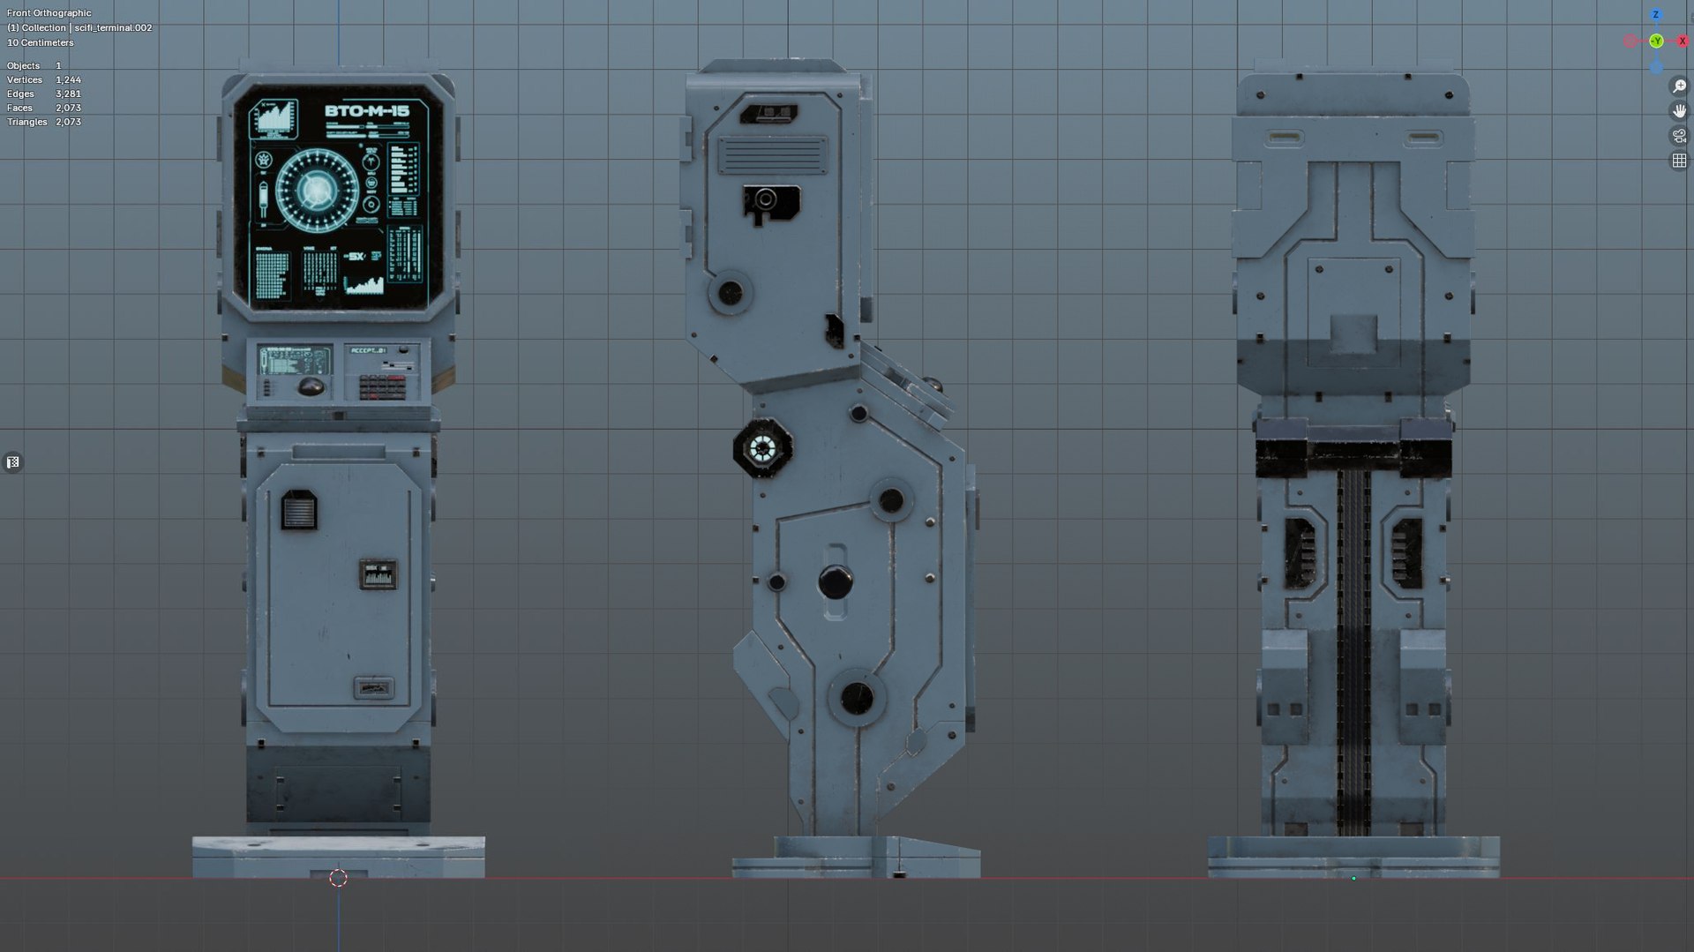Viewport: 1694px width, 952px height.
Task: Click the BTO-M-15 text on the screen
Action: tap(367, 111)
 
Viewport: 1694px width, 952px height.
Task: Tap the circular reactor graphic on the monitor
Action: tap(316, 189)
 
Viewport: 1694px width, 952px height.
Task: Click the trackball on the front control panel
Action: tap(310, 386)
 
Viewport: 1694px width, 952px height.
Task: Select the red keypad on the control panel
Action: tap(383, 387)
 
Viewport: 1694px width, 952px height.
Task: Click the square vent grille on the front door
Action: tap(298, 511)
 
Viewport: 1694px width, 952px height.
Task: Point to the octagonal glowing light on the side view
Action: tap(761, 448)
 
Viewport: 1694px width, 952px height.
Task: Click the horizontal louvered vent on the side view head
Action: tap(772, 156)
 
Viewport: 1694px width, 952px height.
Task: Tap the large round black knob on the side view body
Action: tap(835, 581)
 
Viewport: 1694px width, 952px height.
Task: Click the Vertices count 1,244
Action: tap(68, 79)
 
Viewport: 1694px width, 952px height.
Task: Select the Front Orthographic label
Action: tap(49, 13)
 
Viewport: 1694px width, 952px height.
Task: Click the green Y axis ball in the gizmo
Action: tap(1656, 41)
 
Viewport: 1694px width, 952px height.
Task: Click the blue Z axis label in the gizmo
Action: tap(1656, 15)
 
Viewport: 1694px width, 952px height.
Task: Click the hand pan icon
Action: tap(1679, 111)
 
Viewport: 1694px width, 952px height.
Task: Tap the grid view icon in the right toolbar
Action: tap(1679, 161)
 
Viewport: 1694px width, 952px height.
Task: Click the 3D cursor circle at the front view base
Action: tap(338, 878)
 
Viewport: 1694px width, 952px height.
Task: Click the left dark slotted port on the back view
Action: tap(1299, 553)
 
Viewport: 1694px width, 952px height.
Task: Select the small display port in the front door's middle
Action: tap(378, 574)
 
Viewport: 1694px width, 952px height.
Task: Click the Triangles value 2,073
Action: tap(68, 122)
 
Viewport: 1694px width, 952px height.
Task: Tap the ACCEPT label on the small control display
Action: tap(367, 351)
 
